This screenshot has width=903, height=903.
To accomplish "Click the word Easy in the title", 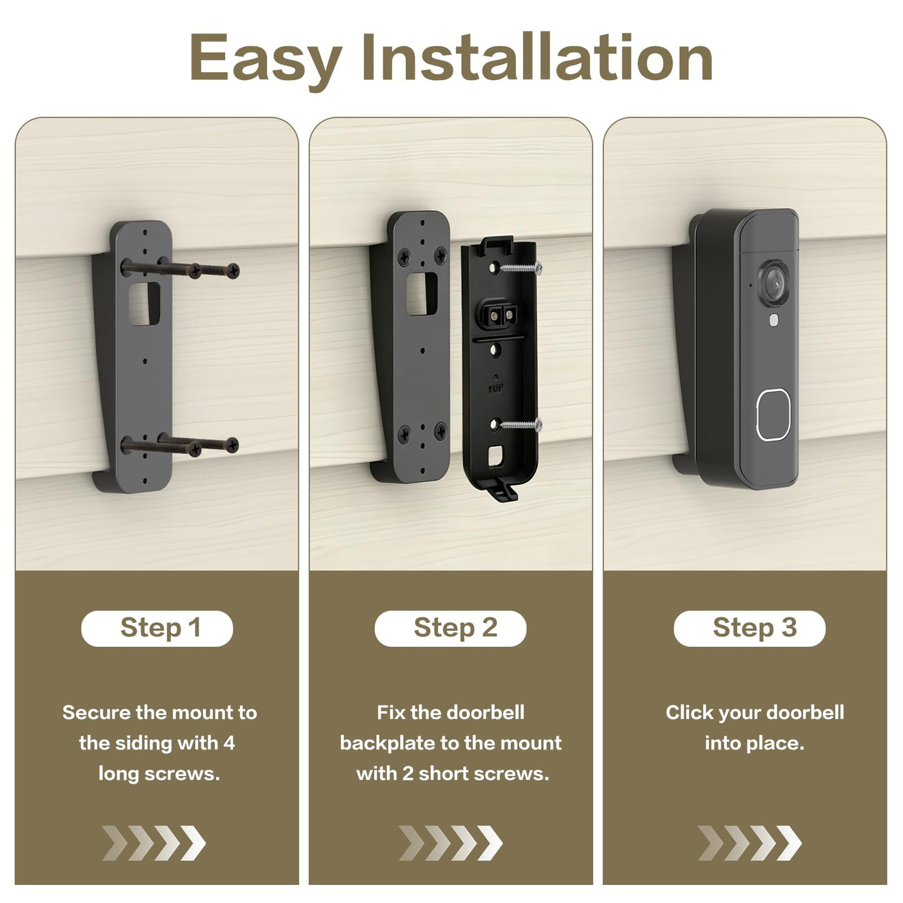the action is click(x=266, y=59).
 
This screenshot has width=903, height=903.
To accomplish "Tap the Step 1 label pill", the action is click(x=157, y=628).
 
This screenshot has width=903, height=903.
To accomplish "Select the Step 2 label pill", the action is click(x=451, y=628).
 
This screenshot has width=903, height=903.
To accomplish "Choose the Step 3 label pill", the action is click(x=749, y=628).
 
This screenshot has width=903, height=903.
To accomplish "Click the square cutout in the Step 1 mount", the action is click(x=144, y=304).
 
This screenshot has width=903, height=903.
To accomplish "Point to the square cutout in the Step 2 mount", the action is click(x=421, y=294).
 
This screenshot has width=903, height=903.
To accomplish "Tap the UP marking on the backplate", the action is click(x=496, y=388).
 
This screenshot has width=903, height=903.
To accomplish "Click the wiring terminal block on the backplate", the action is click(x=499, y=314).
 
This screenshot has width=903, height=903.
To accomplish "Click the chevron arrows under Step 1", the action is click(x=154, y=844).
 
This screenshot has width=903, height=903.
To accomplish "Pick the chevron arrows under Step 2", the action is click(x=450, y=844).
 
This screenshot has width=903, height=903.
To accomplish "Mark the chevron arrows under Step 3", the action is click(x=749, y=844).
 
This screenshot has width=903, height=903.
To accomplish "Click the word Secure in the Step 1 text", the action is click(x=97, y=713).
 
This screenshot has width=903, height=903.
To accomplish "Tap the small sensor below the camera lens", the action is click(x=773, y=319).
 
